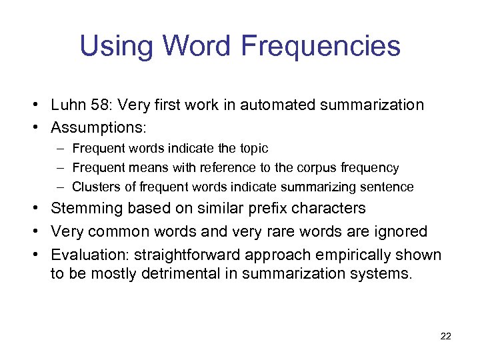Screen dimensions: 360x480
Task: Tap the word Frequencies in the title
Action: point(321,47)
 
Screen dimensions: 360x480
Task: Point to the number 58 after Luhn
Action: point(100,105)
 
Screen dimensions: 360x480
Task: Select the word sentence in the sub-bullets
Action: point(389,187)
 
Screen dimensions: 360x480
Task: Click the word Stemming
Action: point(85,209)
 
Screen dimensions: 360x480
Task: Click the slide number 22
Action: point(446,337)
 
